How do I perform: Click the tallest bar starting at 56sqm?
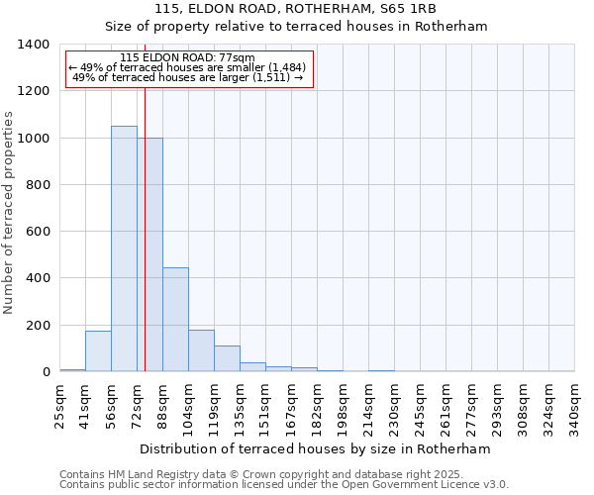[124, 248]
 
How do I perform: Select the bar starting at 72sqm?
[150, 254]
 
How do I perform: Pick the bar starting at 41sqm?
[98, 350]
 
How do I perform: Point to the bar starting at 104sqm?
[201, 350]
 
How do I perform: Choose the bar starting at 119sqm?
[227, 358]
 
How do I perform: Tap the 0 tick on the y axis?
[46, 372]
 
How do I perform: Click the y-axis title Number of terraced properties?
[10, 213]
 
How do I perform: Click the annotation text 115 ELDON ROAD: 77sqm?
[187, 57]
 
